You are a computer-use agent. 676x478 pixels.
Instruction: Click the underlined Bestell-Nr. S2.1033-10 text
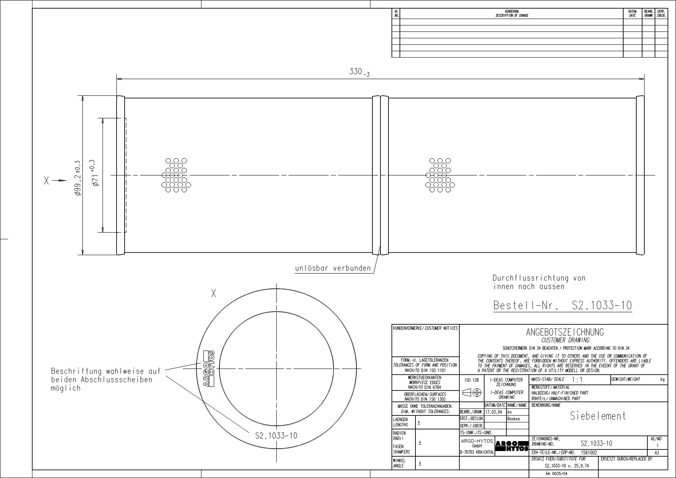click(x=562, y=305)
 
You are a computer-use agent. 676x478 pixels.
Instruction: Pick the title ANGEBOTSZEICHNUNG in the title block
click(x=565, y=332)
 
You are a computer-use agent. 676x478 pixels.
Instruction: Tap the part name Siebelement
click(x=598, y=416)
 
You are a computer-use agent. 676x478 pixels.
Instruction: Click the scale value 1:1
click(x=577, y=380)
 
